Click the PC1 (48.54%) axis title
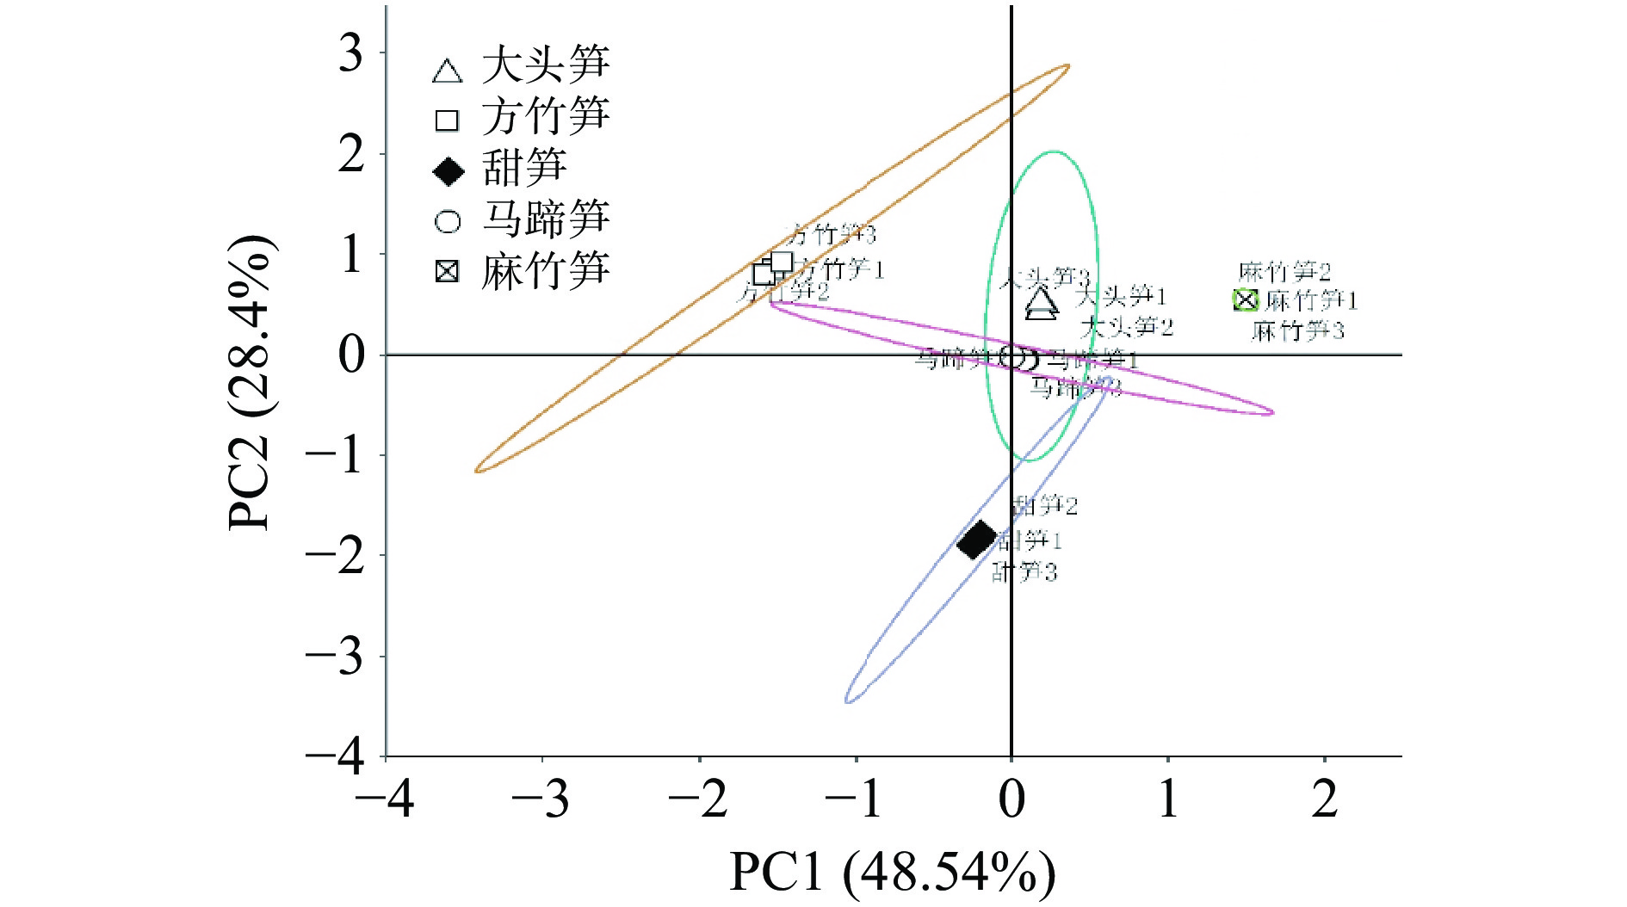892,872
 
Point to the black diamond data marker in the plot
977,540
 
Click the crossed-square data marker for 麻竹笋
1245,300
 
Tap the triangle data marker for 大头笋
1042,303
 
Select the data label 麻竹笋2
1284,273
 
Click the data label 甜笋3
1024,571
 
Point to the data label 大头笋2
1126,327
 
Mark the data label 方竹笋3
831,234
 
